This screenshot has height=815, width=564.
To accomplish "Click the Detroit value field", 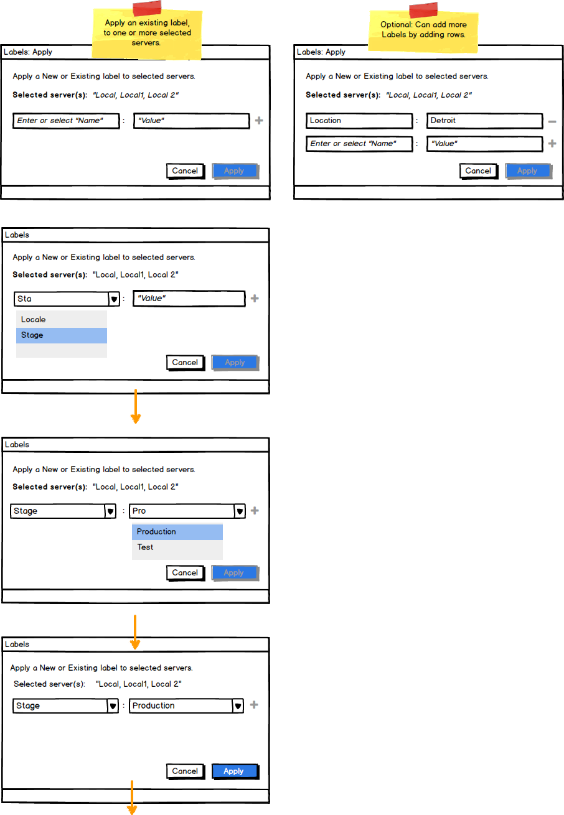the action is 484,121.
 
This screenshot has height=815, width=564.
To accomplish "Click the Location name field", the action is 359,121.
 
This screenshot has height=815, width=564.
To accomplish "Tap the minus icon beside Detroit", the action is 552,121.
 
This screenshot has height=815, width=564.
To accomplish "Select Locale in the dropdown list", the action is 62,319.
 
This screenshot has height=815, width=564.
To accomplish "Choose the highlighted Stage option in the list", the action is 62,335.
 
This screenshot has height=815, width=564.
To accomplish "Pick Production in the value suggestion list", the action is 177,531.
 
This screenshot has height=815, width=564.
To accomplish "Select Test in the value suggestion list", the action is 177,547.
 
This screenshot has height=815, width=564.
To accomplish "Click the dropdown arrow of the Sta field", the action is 114,299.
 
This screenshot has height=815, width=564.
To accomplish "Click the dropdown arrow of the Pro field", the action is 240,511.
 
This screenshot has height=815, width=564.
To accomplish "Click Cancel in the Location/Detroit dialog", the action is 478,171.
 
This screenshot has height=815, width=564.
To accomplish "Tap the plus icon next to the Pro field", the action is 255,511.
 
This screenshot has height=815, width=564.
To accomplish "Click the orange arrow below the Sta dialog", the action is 136,406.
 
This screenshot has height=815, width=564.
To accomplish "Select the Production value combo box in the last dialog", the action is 186,706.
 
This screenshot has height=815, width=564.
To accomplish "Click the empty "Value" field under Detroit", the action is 484,144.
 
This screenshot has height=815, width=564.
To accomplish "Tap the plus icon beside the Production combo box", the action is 254,705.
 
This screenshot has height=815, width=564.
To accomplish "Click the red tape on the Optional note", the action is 423,10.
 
